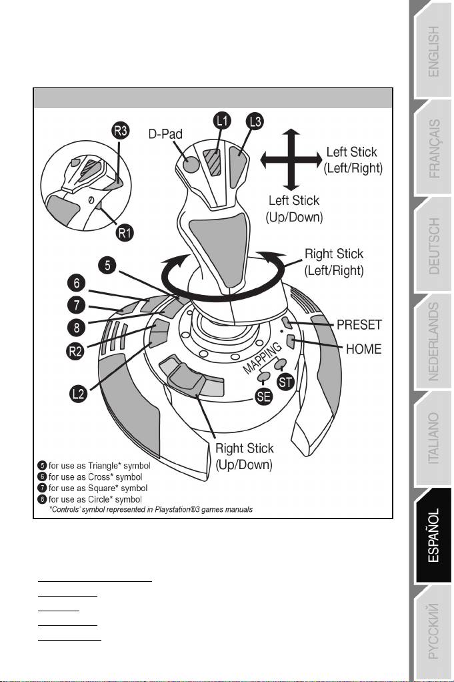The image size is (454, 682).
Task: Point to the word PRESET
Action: point(358,325)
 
